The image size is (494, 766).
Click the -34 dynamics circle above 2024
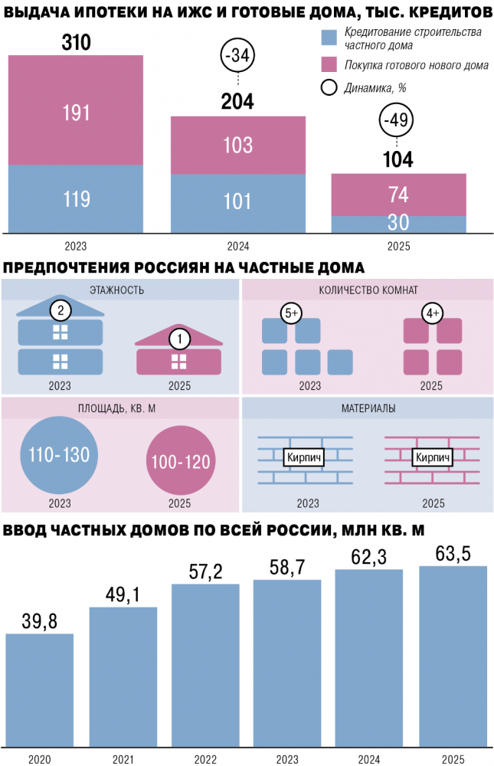click(237, 57)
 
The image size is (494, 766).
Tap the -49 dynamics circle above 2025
click(398, 120)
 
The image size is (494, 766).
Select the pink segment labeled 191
click(76, 111)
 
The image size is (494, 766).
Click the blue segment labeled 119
click(76, 198)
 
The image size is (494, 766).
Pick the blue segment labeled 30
click(398, 223)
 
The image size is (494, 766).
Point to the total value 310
click(76, 43)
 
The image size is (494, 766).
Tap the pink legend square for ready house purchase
click(329, 65)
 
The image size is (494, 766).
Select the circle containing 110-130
click(59, 455)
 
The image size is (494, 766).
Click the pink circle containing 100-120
click(181, 461)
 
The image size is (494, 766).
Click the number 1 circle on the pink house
click(179, 337)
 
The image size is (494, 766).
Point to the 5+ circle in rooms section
click(292, 313)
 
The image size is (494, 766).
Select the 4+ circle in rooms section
click(433, 313)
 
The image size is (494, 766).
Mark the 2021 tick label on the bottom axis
click(123, 758)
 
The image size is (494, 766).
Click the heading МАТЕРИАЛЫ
click(368, 408)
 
